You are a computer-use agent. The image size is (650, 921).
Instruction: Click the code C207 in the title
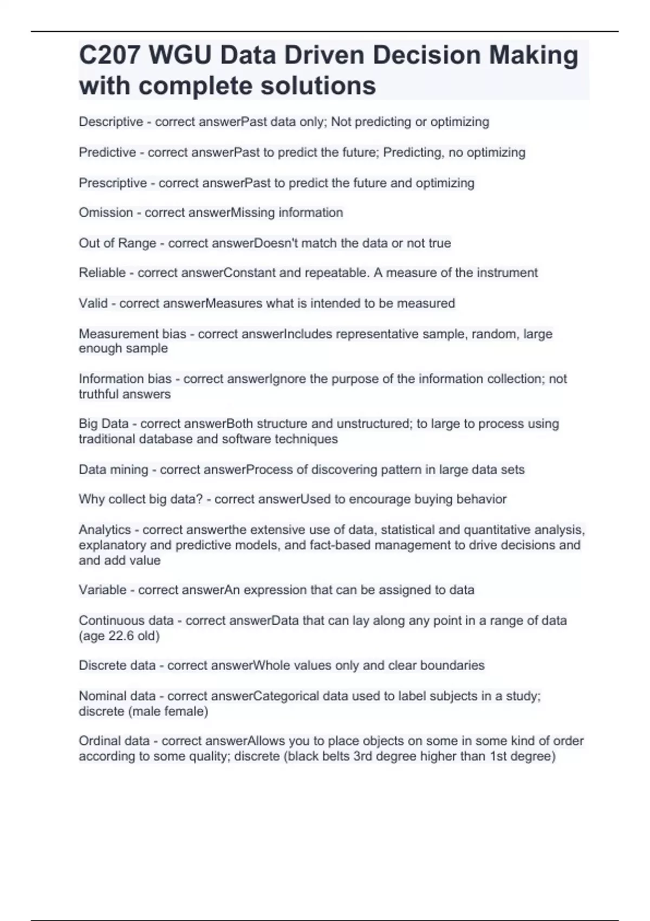[x=110, y=55]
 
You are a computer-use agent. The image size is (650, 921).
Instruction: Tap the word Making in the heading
[x=534, y=55]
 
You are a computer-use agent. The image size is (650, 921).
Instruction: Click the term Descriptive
[x=111, y=122]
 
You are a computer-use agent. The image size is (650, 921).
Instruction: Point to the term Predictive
[x=107, y=152]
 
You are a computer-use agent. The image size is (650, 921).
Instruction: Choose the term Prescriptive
[x=113, y=183]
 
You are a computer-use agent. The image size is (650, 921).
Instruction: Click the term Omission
[x=106, y=212]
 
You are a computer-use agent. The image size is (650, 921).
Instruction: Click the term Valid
[x=93, y=303]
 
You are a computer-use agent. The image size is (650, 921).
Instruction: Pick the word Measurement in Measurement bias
[x=112, y=334]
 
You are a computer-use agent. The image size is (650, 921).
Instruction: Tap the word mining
[x=129, y=469]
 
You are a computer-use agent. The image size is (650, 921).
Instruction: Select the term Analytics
[x=105, y=529]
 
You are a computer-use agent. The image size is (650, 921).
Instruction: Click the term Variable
[x=102, y=589]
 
